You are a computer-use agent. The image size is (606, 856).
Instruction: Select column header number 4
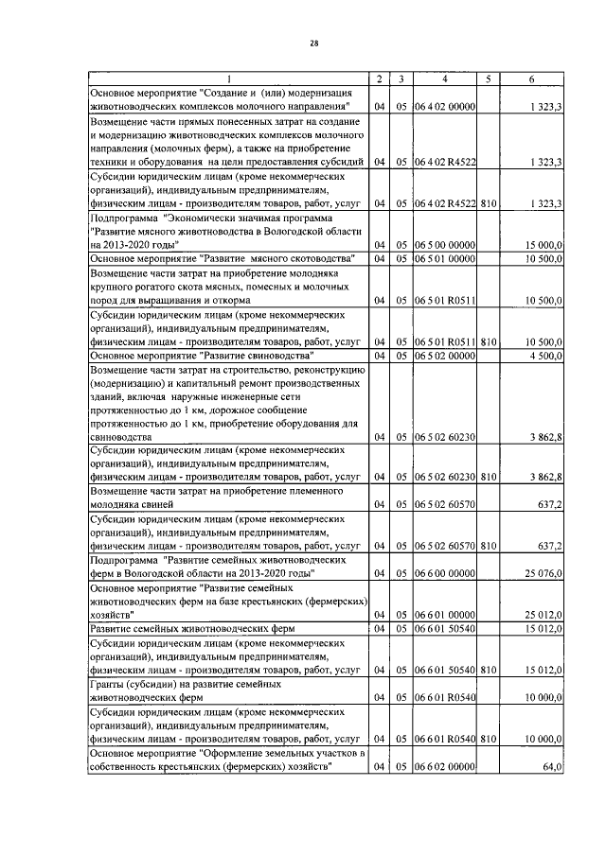(444, 78)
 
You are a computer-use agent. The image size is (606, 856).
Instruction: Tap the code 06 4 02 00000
(445, 108)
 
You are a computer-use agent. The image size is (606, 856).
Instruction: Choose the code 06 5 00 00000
(445, 245)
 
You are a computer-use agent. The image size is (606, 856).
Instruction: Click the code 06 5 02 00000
(445, 356)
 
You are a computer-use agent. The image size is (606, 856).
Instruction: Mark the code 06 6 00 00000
(445, 574)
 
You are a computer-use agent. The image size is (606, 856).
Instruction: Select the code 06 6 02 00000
(445, 767)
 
